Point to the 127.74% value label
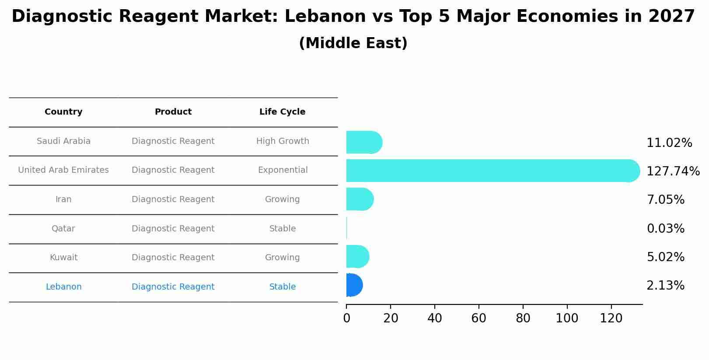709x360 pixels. [x=673, y=171]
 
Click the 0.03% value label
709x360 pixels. [x=665, y=229]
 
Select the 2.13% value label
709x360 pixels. [x=665, y=286]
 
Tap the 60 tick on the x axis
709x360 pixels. [x=478, y=318]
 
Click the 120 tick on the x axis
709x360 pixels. [x=611, y=318]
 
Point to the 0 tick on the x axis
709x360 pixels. [x=346, y=318]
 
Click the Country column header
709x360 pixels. [x=63, y=112]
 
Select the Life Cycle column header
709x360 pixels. [x=282, y=112]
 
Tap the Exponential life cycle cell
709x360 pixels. [x=283, y=170]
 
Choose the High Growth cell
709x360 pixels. [x=283, y=141]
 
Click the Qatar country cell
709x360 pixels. [x=63, y=229]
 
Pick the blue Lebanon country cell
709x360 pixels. [x=63, y=287]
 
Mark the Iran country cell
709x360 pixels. [x=63, y=199]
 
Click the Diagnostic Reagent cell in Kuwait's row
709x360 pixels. [x=173, y=258]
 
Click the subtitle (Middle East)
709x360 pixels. [x=353, y=43]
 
